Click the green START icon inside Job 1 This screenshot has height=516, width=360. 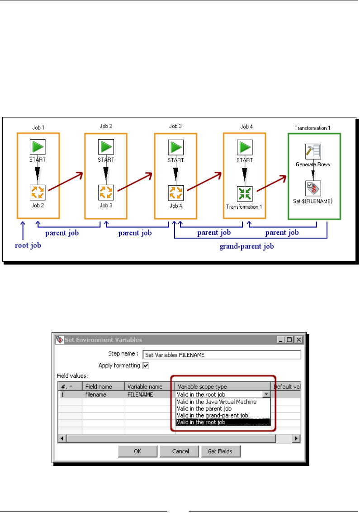(x=38, y=147)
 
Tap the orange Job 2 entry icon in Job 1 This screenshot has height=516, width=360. (x=38, y=192)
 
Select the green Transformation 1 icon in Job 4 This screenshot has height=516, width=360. (x=245, y=193)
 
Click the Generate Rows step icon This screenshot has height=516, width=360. (x=313, y=152)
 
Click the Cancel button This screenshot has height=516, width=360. (x=180, y=451)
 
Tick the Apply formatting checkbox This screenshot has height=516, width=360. (x=146, y=366)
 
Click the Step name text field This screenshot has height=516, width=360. (x=222, y=355)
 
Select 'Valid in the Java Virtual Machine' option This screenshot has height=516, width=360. (x=217, y=402)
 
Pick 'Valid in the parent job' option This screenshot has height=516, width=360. (x=205, y=408)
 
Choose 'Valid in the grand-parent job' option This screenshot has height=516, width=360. (x=212, y=415)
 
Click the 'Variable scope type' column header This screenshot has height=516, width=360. (x=203, y=387)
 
